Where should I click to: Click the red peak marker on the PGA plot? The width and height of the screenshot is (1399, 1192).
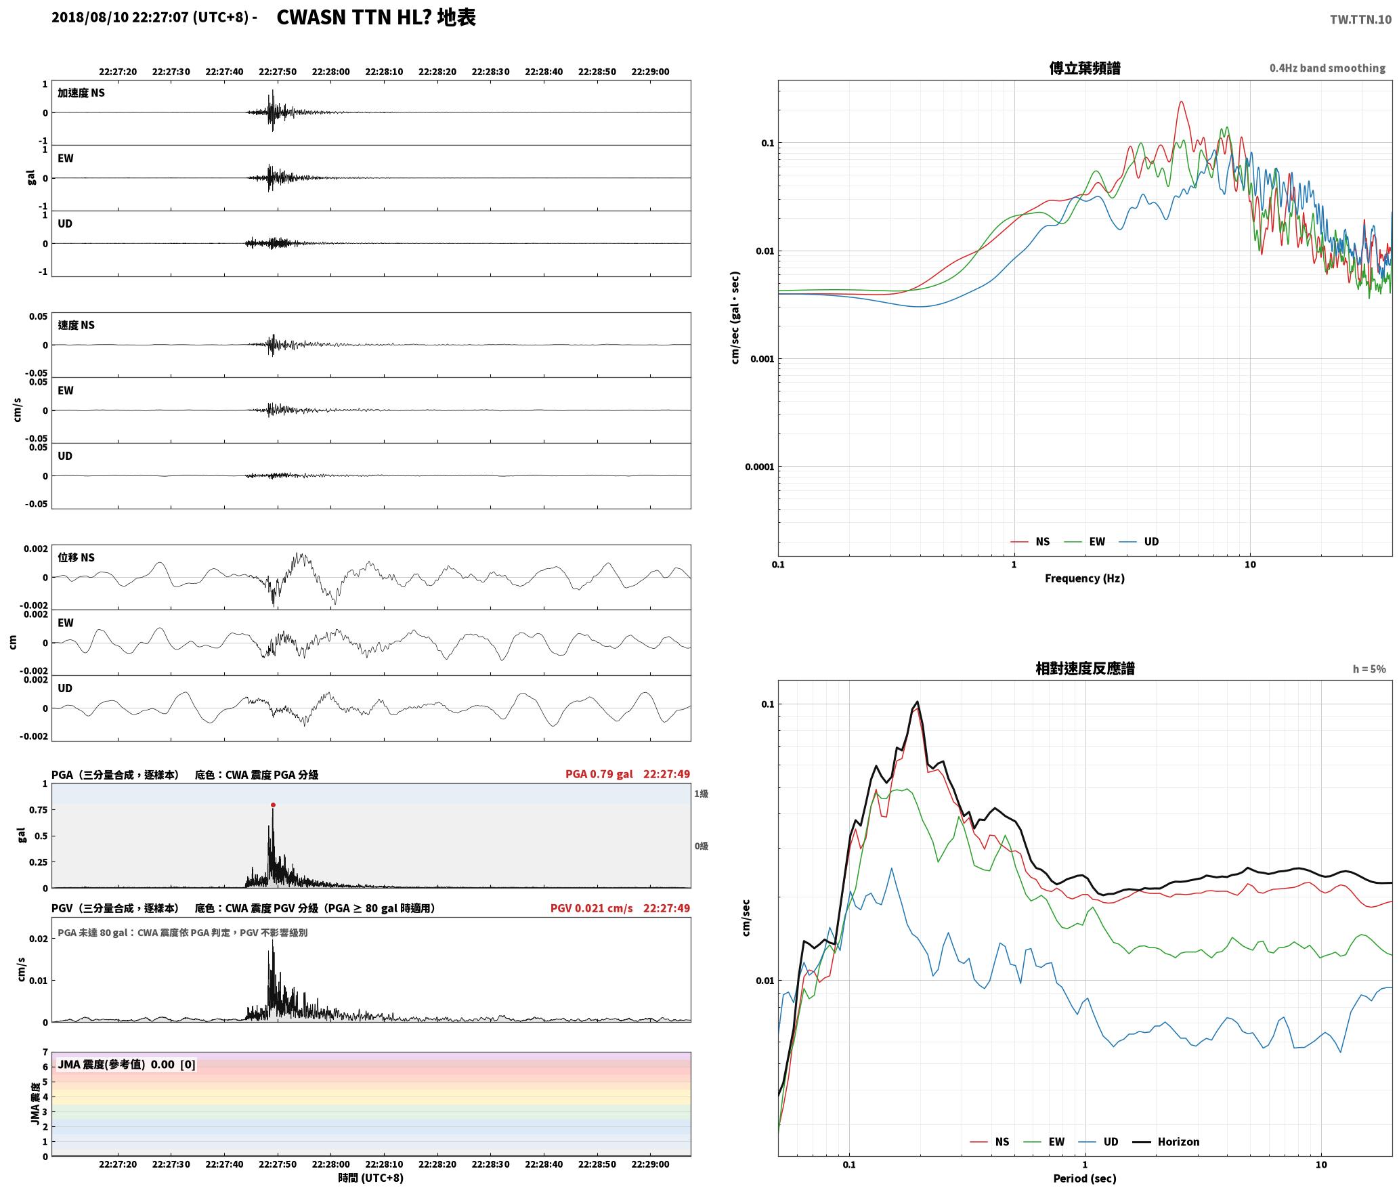tap(273, 805)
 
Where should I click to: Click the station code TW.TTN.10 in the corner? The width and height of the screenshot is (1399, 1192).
tap(1360, 19)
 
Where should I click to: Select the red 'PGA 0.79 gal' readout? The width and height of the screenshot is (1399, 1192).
tap(599, 774)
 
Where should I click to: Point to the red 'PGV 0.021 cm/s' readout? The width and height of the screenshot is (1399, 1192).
tap(592, 908)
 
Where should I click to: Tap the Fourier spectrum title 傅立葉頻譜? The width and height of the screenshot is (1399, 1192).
tap(1084, 68)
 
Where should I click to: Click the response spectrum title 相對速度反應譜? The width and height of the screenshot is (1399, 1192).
tap(1085, 668)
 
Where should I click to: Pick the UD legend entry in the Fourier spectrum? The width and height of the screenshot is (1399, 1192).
tap(1139, 541)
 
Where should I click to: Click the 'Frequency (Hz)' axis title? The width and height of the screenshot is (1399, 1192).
tap(1084, 578)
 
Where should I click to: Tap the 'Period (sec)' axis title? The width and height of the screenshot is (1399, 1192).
tap(1084, 1178)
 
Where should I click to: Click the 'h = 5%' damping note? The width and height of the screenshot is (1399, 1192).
tap(1369, 669)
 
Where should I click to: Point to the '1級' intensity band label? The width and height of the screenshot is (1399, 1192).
tap(701, 793)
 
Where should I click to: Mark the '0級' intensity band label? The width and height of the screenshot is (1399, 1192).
tap(701, 846)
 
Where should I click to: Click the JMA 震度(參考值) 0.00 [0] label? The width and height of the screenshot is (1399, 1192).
tap(127, 1064)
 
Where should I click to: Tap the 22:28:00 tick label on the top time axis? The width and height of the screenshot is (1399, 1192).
tap(330, 72)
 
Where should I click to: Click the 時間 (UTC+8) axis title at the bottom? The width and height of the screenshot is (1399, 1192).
tap(370, 1178)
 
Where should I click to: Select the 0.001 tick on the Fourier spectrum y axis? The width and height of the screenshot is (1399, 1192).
tap(762, 359)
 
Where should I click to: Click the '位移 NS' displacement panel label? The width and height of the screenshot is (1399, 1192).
tap(76, 557)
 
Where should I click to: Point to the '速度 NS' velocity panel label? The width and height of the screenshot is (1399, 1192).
tap(76, 325)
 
